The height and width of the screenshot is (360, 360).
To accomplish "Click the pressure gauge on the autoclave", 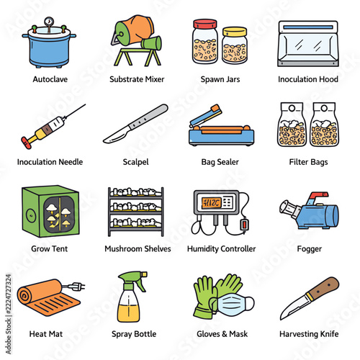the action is tap(49, 22).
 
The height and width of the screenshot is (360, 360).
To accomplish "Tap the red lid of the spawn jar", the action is tap(205, 24).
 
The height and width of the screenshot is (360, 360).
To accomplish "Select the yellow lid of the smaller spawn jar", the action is tap(235, 32).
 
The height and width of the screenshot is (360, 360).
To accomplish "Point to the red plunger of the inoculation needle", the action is tap(26, 143).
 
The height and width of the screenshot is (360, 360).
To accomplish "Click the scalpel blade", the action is tap(117, 135).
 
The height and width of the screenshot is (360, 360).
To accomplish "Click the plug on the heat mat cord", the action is tap(76, 286).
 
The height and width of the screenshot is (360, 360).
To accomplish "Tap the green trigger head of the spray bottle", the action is tap(132, 279).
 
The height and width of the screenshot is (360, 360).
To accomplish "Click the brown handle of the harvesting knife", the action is tap(323, 289).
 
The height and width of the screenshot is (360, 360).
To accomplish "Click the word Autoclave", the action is tap(50, 79).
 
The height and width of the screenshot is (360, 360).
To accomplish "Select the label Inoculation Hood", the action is tap(308, 79).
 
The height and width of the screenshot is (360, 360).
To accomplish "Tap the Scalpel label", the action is tap(135, 162).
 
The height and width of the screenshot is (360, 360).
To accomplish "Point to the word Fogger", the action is tap(310, 249).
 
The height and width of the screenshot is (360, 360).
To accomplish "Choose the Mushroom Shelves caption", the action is tap(138, 248).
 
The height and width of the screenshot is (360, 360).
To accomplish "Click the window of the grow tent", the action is tap(59, 215).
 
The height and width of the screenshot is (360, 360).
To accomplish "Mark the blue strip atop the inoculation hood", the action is tap(308, 27).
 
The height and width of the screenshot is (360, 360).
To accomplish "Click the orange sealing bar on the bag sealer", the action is tap(222, 130).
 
